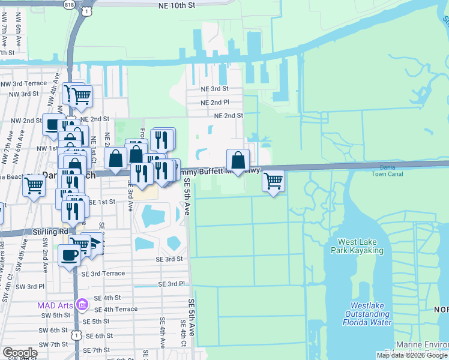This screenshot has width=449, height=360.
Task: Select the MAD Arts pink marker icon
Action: pyautogui.click(x=83, y=305)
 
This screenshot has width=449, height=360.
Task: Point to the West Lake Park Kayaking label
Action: pyautogui.click(x=357, y=246)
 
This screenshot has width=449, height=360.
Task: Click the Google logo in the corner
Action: pyautogui.click(x=19, y=353)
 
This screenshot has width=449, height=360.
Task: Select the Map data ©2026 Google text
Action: pyautogui.click(x=412, y=355)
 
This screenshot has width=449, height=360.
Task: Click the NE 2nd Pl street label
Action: pyautogui.click(x=217, y=102)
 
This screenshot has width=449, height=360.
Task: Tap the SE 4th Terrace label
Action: pyautogui.click(x=112, y=309)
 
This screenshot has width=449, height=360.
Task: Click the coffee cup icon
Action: pyautogui.click(x=68, y=255)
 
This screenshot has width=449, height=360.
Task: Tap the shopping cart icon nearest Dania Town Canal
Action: pyautogui.click(x=274, y=180)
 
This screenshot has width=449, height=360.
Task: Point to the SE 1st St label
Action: pyautogui.click(x=102, y=202)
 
